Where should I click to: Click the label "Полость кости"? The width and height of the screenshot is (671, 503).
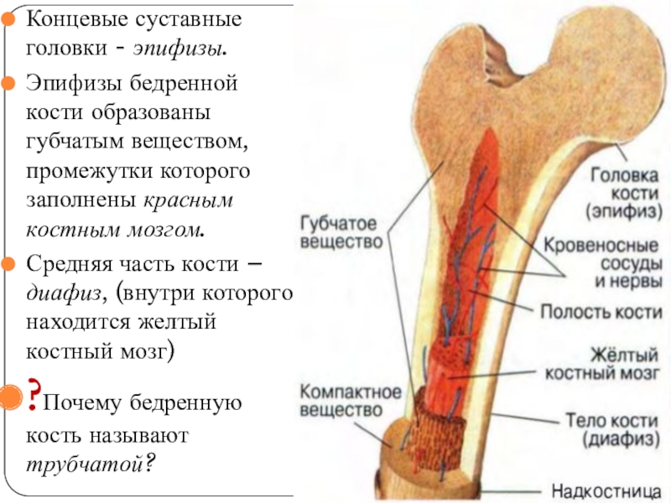coord(601,311)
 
